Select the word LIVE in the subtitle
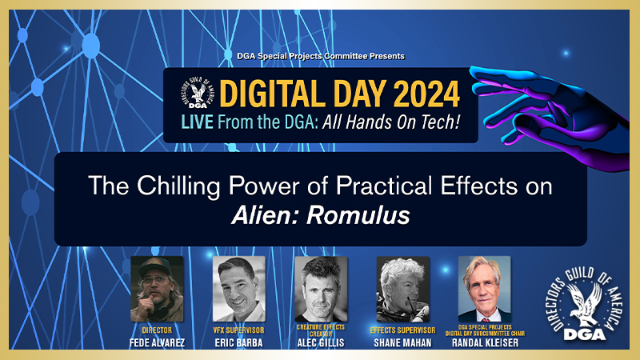click(x=197, y=122)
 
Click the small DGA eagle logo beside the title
click(x=197, y=92)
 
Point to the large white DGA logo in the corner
click(x=585, y=304)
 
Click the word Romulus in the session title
click(x=358, y=215)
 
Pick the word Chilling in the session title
click(x=178, y=187)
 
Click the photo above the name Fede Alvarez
click(x=157, y=289)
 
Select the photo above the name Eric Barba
click(x=239, y=289)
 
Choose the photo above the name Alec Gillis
click(x=321, y=289)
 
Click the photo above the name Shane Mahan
click(x=403, y=289)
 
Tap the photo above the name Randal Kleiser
click(x=485, y=289)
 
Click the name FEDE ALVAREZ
click(x=157, y=343)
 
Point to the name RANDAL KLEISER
click(x=485, y=343)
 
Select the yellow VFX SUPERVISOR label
click(x=238, y=330)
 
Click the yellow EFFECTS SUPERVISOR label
click(x=402, y=330)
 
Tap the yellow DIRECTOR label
click(x=157, y=330)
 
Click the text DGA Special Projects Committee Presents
click(x=321, y=56)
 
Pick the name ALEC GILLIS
click(x=321, y=343)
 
